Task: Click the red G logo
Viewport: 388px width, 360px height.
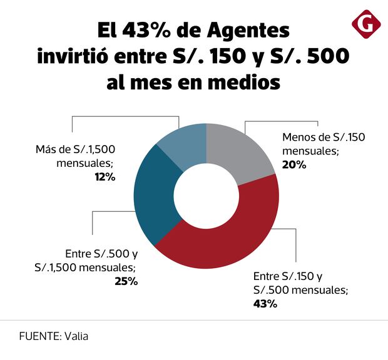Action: (x=366, y=24)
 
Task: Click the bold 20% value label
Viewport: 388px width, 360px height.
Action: (x=294, y=165)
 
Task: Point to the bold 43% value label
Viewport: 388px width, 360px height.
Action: (x=265, y=304)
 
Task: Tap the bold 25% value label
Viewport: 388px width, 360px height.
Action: (x=125, y=281)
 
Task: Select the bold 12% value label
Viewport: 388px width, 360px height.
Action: (x=104, y=177)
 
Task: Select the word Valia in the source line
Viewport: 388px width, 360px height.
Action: (x=76, y=336)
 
